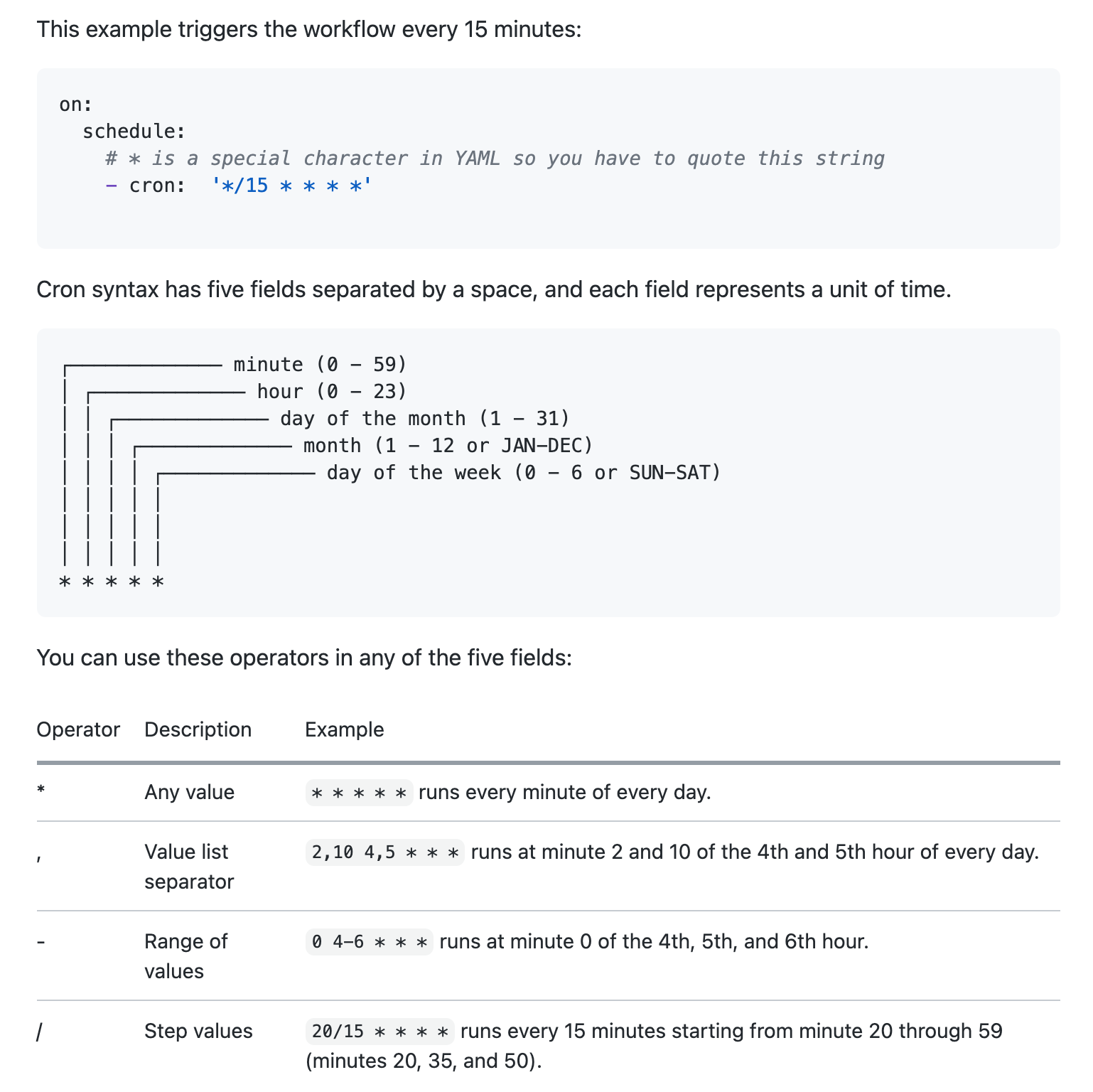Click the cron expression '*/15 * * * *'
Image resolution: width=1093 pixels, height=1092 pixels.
click(x=291, y=186)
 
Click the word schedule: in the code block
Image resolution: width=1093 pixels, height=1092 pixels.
click(x=134, y=132)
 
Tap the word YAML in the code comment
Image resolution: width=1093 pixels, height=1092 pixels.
click(x=477, y=159)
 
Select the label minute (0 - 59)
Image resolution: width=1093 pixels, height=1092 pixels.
click(x=320, y=365)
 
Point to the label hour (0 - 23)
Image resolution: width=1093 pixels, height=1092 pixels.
click(x=332, y=392)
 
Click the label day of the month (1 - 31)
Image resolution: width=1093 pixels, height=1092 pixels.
click(x=425, y=419)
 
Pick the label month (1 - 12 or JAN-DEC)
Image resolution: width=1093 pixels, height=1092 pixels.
click(x=448, y=446)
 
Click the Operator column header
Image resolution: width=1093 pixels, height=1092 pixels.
click(x=78, y=729)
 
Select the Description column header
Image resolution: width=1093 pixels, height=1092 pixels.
click(x=198, y=729)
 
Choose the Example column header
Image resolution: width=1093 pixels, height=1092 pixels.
click(x=344, y=729)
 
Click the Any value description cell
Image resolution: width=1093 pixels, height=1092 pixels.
click(x=189, y=792)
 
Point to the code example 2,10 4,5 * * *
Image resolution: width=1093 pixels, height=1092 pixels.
click(x=385, y=852)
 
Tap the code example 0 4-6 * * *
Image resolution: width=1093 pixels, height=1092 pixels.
click(x=370, y=942)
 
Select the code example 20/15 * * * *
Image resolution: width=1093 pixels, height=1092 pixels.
click(x=380, y=1032)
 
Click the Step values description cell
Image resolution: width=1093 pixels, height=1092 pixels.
click(x=198, y=1031)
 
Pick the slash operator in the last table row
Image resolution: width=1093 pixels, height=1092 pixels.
click(x=40, y=1032)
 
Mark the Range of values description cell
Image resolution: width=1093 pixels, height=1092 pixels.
click(x=185, y=956)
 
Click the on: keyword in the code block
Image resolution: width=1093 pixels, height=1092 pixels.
click(x=75, y=105)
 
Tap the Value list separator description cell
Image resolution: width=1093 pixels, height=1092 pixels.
click(x=189, y=867)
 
